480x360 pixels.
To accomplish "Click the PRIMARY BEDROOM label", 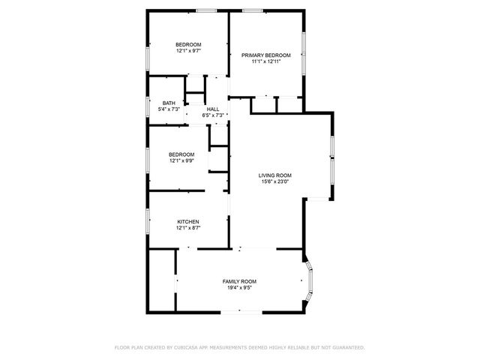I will tap(266, 55).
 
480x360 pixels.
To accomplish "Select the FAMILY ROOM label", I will tap(239, 280).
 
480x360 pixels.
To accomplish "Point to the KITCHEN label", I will tap(187, 221).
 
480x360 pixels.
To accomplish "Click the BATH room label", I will tap(169, 103).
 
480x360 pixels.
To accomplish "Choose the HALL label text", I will tap(213, 109).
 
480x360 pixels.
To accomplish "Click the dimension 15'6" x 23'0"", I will tap(275, 181).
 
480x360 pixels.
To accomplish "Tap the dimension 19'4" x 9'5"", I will tap(239, 287).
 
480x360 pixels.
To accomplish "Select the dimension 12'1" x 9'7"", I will tap(188, 51).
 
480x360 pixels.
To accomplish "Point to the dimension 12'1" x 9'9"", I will tap(181, 160).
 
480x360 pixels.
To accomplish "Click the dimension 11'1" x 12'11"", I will tap(266, 61).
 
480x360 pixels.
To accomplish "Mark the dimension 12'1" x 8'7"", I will tap(188, 227).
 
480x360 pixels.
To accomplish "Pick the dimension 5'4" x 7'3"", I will tap(169, 109).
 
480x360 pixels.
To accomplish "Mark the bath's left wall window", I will tap(148, 105).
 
